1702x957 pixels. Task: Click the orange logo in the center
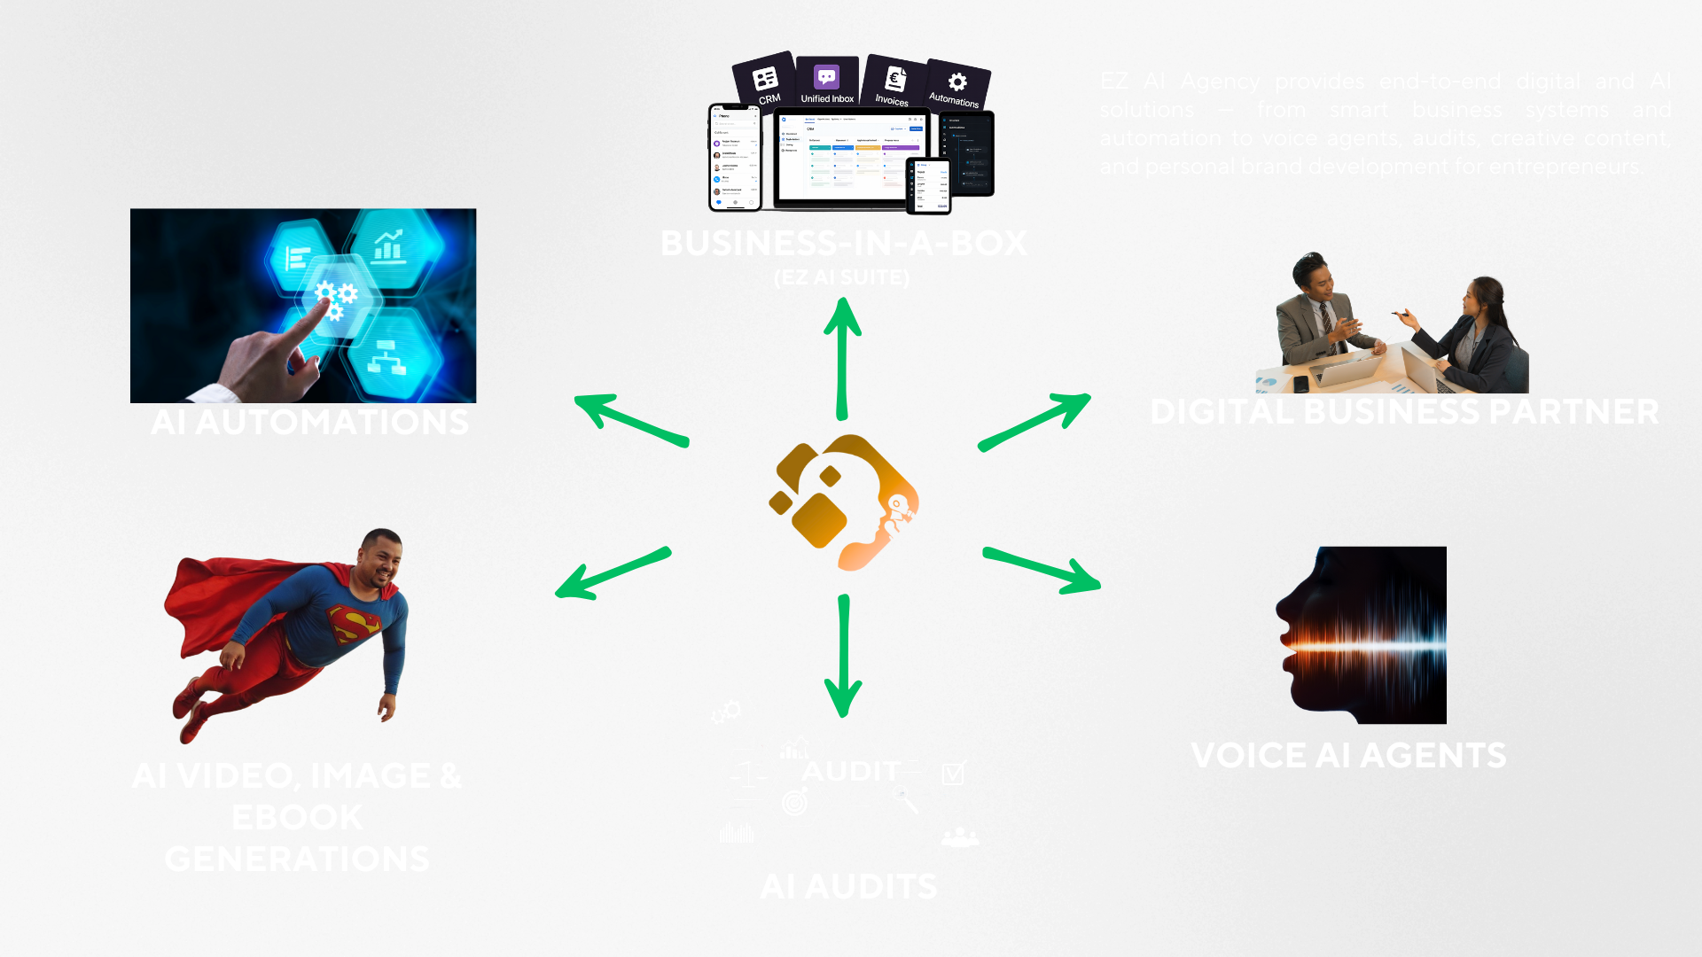coord(842,502)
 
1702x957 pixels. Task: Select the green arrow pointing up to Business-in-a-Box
coord(842,359)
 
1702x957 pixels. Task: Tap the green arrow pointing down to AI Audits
coord(843,656)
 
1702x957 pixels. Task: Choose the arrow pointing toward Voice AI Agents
coord(1042,570)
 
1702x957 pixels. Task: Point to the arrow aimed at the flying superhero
coord(612,572)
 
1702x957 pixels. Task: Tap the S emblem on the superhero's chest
coord(355,624)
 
